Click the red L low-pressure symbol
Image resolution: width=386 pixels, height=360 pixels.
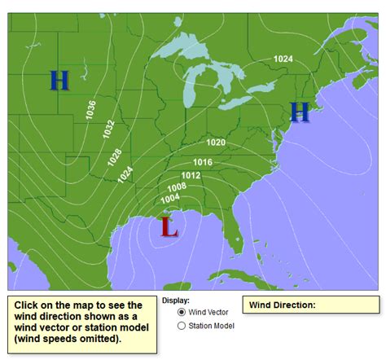(x=169, y=227)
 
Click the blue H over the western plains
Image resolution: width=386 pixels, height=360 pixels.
(x=59, y=80)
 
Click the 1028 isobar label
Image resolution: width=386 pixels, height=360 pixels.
(x=115, y=157)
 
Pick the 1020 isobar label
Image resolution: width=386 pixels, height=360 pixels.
(x=215, y=143)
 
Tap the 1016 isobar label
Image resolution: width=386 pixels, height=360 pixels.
(x=203, y=162)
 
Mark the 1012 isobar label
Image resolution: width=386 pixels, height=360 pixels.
(x=190, y=176)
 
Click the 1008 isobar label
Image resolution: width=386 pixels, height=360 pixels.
(x=178, y=187)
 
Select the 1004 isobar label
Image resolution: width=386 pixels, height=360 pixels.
(x=170, y=199)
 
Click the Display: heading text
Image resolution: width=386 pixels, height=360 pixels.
(x=175, y=301)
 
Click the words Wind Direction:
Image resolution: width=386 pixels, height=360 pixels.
(x=282, y=305)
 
